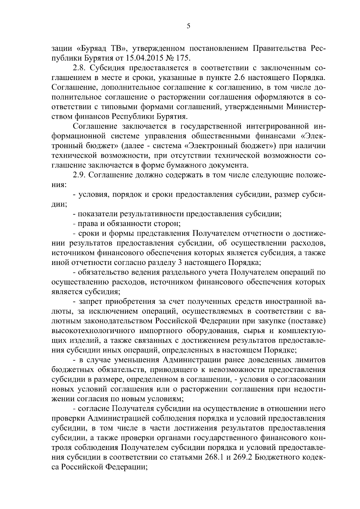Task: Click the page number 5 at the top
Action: pyautogui.click(x=188, y=26)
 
